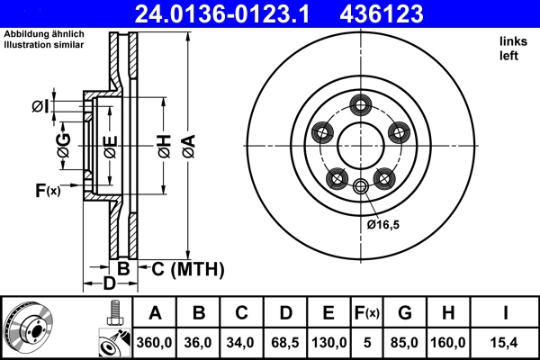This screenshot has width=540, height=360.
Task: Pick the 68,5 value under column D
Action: pyautogui.click(x=284, y=343)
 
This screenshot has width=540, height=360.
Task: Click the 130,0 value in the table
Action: pyautogui.click(x=328, y=343)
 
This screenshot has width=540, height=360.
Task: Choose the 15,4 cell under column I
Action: pyautogui.click(x=508, y=343)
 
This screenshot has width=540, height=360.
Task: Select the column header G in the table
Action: pyautogui.click(x=405, y=313)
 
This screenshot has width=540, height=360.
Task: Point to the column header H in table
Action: pyautogui.click(x=449, y=313)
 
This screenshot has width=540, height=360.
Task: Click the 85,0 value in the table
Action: pyautogui.click(x=405, y=343)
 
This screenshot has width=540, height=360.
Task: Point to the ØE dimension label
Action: pyautogui.click(x=109, y=147)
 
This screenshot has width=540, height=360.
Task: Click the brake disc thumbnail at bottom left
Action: pyautogui.click(x=31, y=328)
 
